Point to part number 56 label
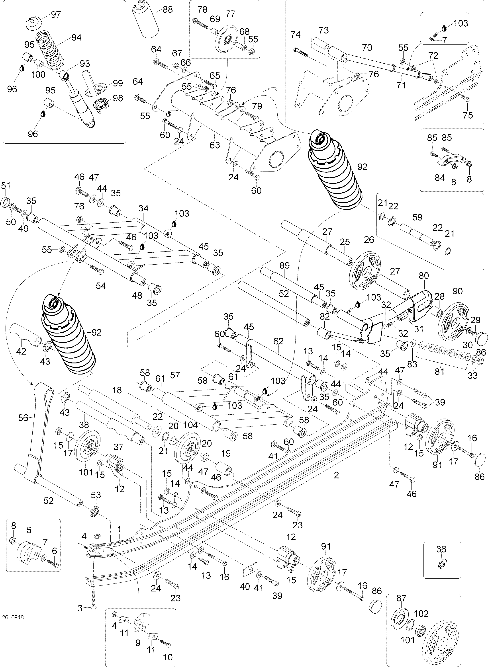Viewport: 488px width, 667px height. [x=23, y=417]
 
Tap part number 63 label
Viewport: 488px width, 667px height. [x=215, y=145]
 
